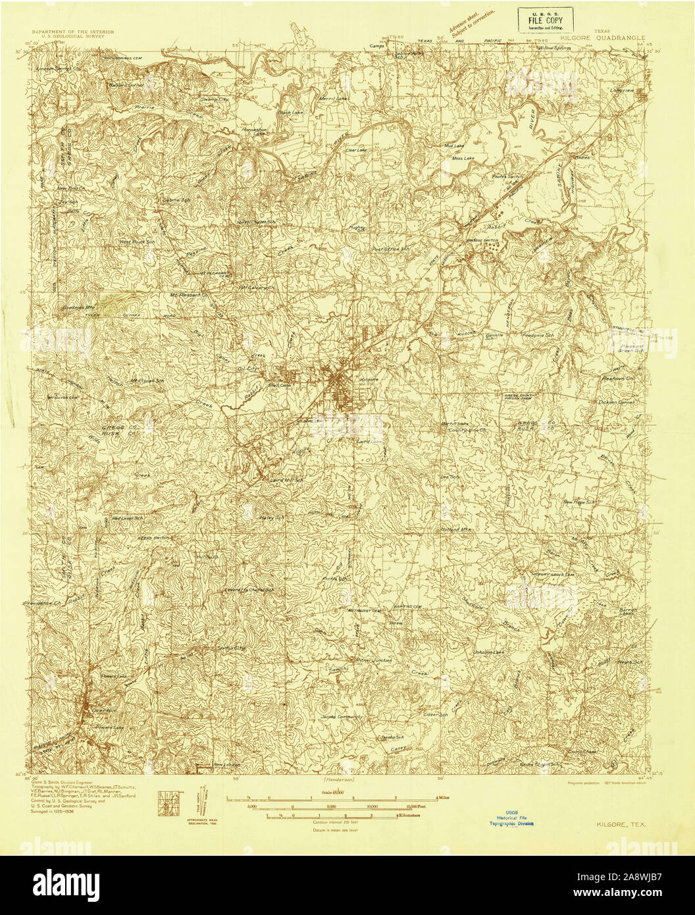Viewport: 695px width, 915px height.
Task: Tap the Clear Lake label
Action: click(356, 150)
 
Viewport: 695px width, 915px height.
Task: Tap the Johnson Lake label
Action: click(488, 652)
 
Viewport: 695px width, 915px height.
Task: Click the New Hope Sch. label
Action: click(579, 502)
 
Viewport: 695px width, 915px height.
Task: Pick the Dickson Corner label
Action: click(615, 402)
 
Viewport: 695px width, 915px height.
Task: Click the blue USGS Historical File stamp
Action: click(516, 818)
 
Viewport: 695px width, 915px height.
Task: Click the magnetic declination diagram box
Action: click(166, 804)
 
